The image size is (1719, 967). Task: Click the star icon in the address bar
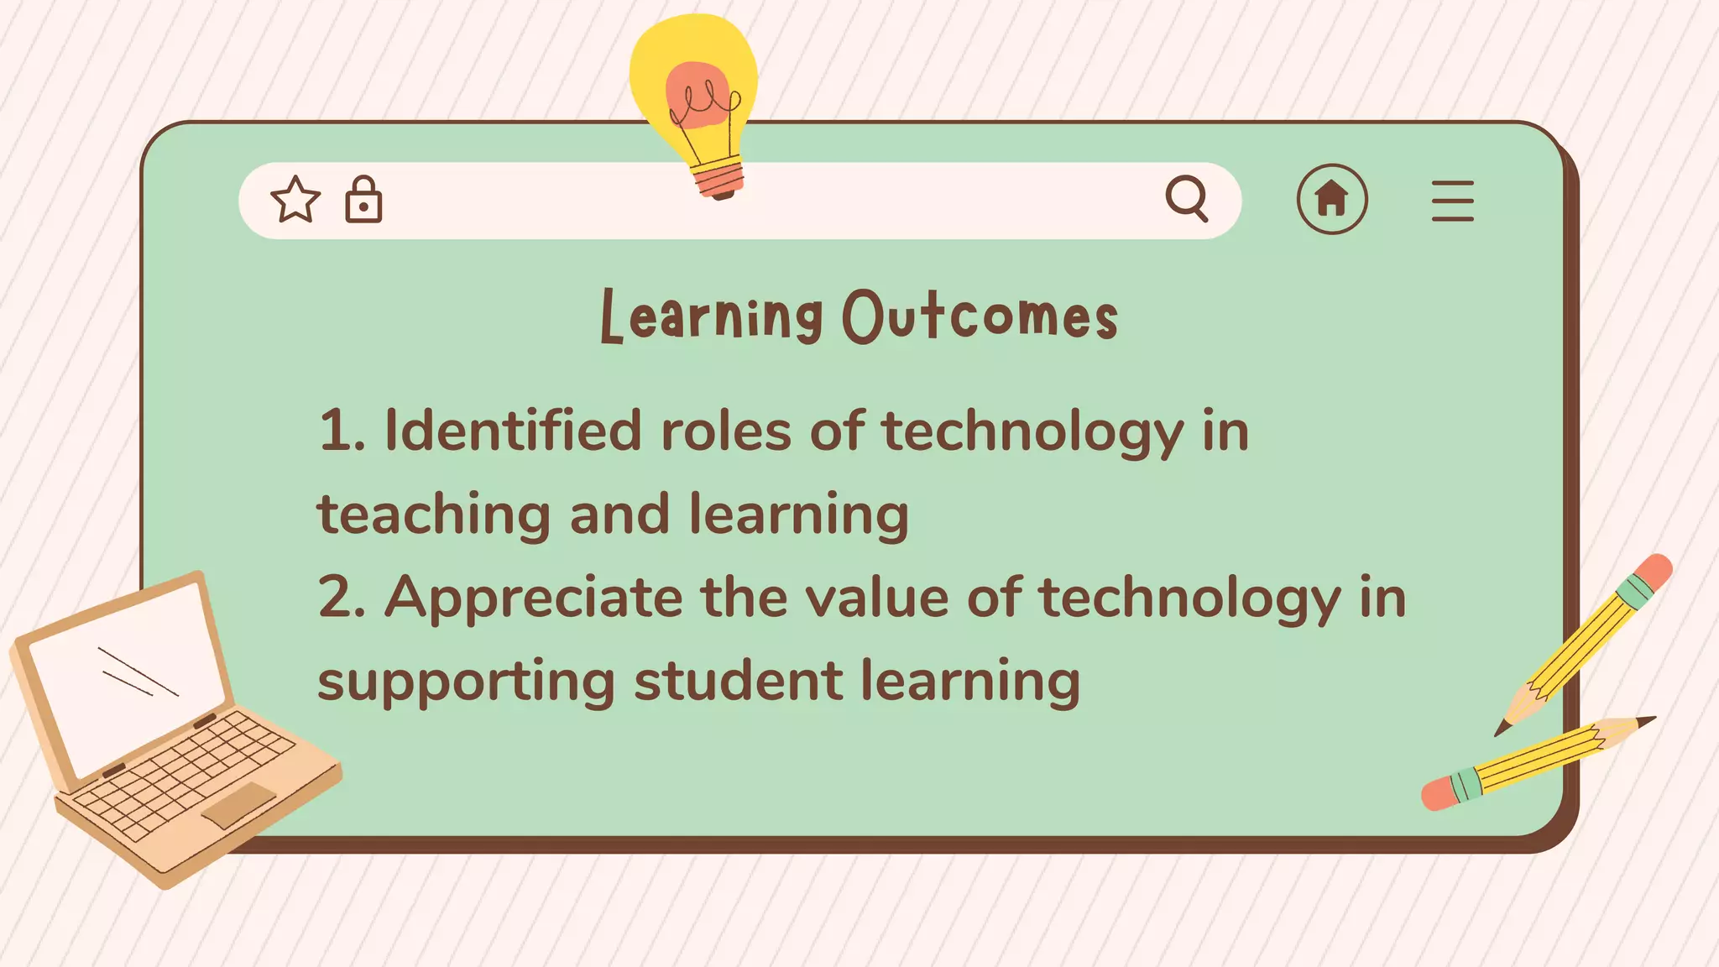pos(295,200)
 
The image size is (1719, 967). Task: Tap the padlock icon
pos(363,200)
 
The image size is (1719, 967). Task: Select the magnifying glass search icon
pos(1187,199)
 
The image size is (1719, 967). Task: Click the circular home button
pos(1332,199)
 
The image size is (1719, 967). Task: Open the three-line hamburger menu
pos(1453,201)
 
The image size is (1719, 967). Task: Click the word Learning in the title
pos(712,316)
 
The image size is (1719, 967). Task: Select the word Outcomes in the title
pos(980,316)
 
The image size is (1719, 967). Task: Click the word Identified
pos(513,431)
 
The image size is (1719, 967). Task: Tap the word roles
pos(726,431)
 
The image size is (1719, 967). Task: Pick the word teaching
pos(433,514)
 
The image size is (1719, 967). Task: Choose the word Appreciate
pos(533,598)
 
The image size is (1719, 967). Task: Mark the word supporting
pos(466,682)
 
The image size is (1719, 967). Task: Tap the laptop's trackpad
pos(238,804)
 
